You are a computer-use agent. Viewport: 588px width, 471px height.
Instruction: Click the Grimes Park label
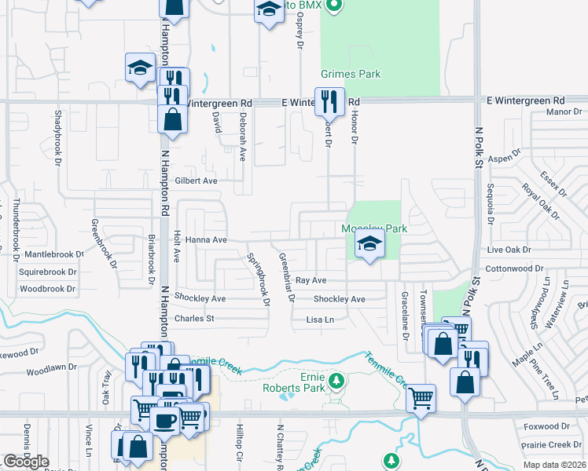[351, 75]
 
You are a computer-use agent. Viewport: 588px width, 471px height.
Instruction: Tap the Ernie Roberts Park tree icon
[336, 382]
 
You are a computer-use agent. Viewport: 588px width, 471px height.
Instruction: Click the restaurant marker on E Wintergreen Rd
[329, 101]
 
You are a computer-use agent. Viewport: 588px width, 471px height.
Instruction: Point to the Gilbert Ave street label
[196, 181]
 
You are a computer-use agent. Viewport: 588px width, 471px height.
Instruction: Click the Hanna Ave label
[207, 240]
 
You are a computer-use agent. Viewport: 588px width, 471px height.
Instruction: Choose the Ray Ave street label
[311, 280]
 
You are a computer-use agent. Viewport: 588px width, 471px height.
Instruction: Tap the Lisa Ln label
[320, 319]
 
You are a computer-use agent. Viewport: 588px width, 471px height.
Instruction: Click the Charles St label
[194, 319]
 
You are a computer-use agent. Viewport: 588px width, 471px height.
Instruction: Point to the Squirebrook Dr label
[49, 272]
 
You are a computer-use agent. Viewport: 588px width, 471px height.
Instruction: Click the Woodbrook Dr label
[47, 289]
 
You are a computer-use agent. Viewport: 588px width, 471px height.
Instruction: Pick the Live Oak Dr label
[509, 250]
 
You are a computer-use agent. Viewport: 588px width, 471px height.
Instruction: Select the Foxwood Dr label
[546, 427]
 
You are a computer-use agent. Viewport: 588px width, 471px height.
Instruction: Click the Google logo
[26, 462]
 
